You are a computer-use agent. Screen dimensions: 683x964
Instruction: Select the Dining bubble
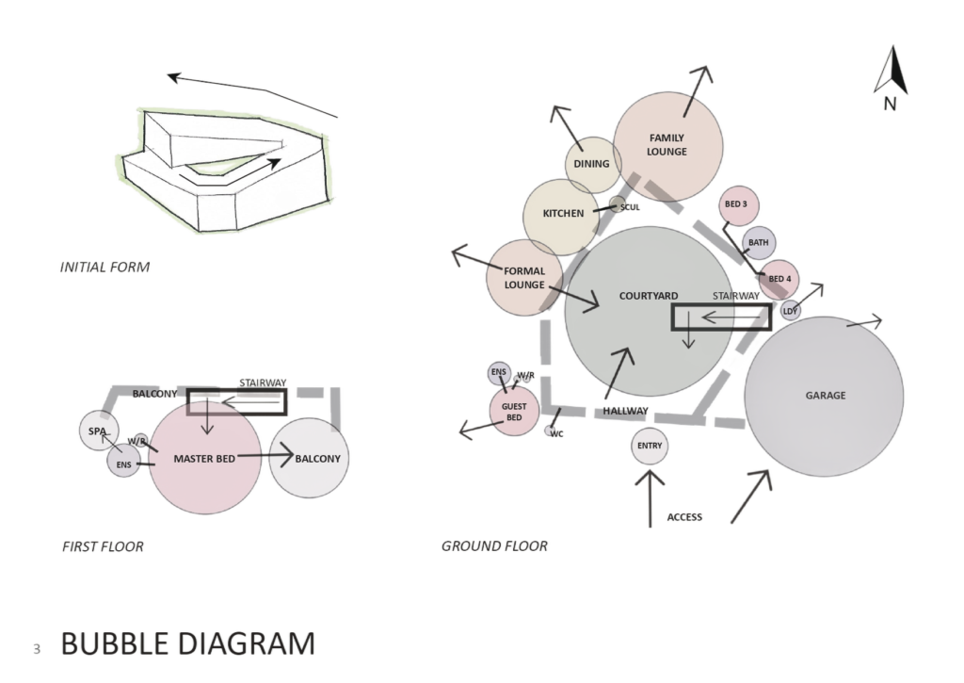593,164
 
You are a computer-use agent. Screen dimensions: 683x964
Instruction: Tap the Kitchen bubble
563,214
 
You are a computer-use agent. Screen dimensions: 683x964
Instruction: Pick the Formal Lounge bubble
523,278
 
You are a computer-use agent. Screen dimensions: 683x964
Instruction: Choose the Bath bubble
758,242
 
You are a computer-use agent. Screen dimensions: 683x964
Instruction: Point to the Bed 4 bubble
779,279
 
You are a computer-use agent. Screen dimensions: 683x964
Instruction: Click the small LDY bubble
791,311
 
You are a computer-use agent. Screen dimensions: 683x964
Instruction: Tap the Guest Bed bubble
514,411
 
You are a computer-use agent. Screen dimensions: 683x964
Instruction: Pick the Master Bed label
203,459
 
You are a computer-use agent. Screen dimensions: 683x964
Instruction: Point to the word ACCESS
684,517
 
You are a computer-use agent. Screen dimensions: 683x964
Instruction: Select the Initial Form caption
104,268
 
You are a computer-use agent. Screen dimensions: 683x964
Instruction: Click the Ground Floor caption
494,546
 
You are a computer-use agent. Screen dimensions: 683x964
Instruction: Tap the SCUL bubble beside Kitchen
629,207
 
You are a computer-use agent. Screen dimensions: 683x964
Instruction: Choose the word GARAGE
826,396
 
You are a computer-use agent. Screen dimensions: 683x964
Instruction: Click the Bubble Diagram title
187,644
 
